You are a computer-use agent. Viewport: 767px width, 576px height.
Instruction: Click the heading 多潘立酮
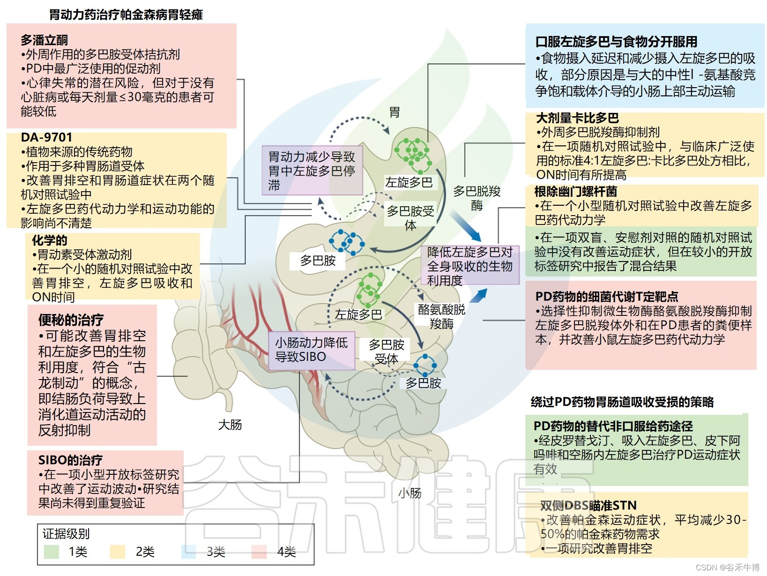tap(44, 40)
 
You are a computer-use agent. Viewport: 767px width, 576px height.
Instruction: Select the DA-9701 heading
tap(46, 137)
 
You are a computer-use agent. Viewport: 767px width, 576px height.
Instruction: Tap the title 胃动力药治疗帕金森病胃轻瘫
tap(126, 15)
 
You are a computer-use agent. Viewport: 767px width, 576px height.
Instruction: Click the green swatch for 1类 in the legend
tap(51, 552)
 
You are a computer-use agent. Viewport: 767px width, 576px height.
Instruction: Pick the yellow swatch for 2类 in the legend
tap(117, 552)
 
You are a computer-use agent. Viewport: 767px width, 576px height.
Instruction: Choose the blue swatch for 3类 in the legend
tap(188, 552)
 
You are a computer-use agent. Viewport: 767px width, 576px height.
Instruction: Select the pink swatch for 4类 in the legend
tap(259, 552)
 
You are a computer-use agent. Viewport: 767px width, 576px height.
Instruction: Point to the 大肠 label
tap(230, 425)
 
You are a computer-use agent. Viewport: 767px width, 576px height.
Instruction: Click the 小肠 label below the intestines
tap(410, 493)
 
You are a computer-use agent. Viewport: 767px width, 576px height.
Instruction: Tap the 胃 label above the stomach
tap(395, 112)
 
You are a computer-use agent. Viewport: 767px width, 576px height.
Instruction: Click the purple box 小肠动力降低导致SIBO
tap(312, 350)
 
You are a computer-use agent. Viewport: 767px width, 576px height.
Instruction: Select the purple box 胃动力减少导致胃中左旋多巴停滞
tap(312, 171)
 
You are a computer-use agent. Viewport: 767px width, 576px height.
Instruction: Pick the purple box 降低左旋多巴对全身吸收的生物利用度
tap(470, 266)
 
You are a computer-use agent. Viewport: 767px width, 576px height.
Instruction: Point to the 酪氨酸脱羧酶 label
tap(441, 316)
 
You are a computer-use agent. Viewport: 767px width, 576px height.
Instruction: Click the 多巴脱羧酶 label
tap(477, 198)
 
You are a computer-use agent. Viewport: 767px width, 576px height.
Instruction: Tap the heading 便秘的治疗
tap(71, 320)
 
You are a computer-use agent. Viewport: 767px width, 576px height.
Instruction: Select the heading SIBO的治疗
tap(70, 460)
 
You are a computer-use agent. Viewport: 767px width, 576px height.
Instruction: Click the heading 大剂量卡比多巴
tap(577, 118)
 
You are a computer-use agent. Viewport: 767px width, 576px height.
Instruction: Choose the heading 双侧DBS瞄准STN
tap(588, 506)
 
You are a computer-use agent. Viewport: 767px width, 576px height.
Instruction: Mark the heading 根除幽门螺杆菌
tap(576, 192)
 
